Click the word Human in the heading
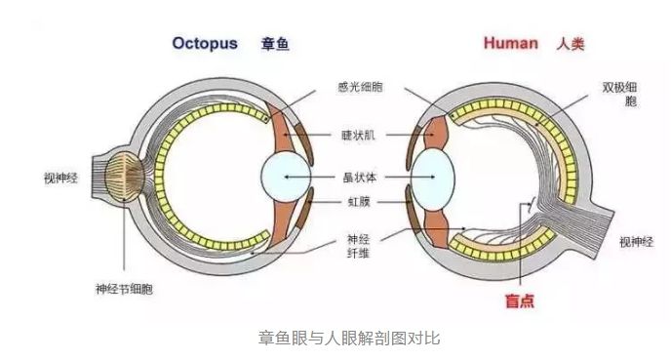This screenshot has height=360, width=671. coord(510,44)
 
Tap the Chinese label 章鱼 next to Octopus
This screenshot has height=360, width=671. coord(275,44)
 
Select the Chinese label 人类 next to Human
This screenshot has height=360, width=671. coord(571,44)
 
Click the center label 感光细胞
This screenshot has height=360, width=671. coord(361,88)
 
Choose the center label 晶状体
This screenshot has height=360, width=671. coord(361,179)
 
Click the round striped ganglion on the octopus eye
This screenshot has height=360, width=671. coord(124,179)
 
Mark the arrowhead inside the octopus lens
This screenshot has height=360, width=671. coord(286,178)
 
